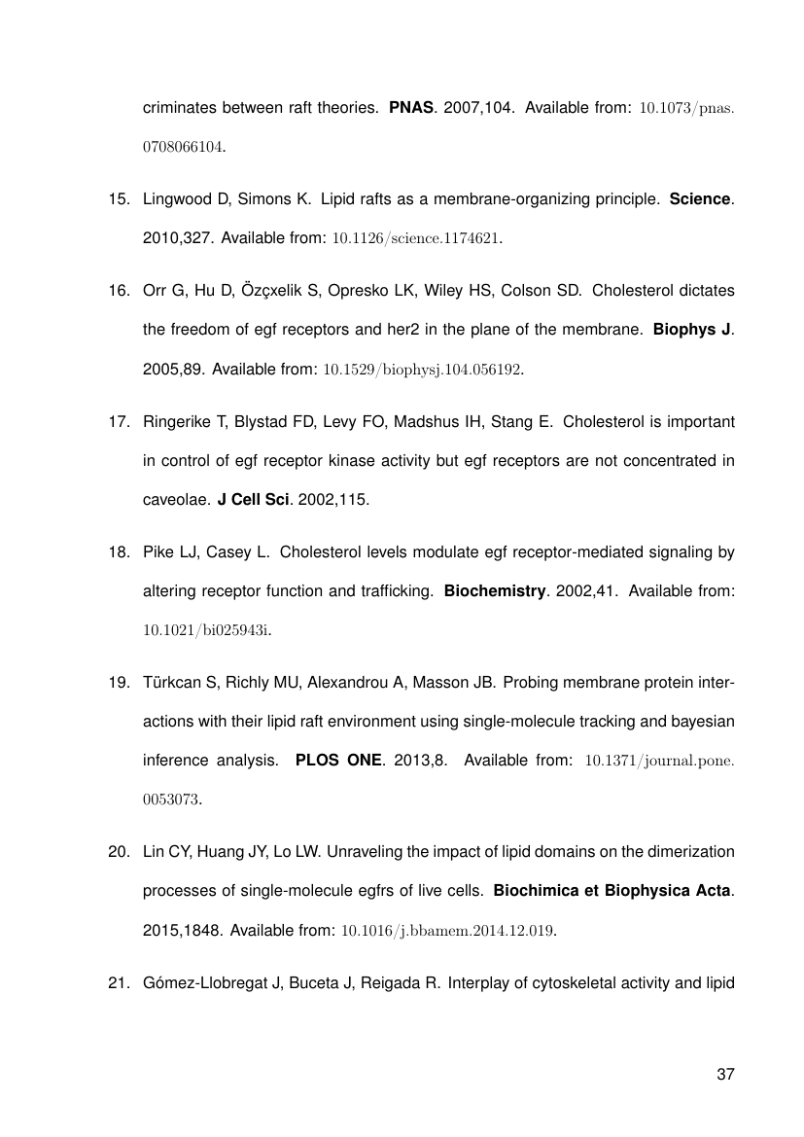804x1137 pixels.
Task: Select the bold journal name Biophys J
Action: tap(691, 330)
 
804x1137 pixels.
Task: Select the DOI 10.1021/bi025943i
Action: tap(206, 630)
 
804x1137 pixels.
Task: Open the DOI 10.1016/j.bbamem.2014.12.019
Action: tap(447, 930)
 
